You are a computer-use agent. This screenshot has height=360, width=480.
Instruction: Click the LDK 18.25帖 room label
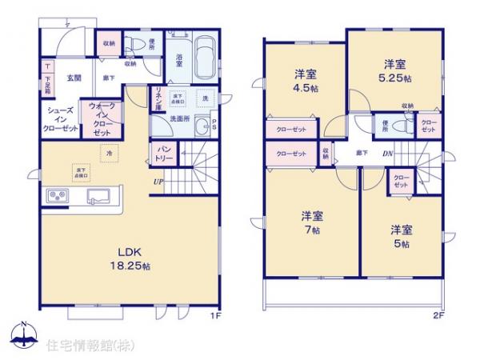(x=121, y=256)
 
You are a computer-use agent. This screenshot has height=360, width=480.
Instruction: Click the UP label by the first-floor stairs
(x=160, y=181)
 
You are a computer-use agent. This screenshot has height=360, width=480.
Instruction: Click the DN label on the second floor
(x=386, y=153)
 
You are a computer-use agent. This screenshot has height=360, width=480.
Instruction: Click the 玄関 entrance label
(x=74, y=78)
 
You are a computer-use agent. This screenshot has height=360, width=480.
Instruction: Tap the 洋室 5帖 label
(x=401, y=235)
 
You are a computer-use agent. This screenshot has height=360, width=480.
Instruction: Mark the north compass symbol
(x=23, y=334)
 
